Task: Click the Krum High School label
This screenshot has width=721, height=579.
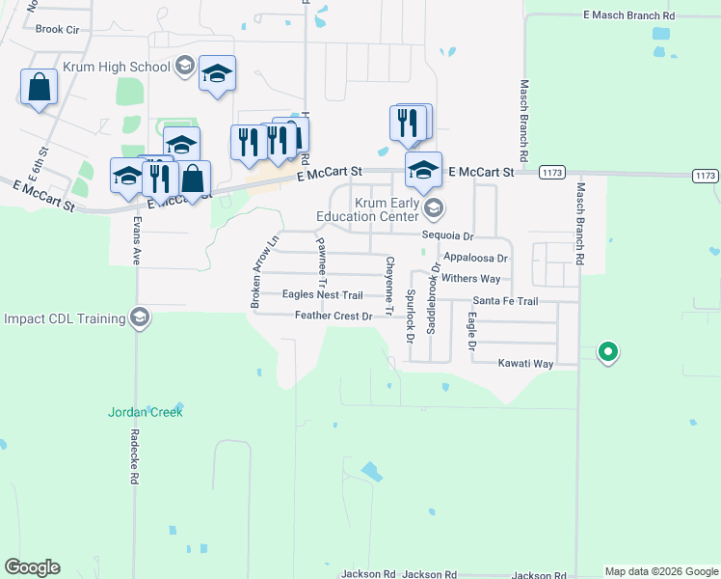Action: click(116, 68)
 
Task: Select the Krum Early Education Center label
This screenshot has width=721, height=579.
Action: click(370, 210)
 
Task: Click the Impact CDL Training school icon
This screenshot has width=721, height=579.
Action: click(140, 318)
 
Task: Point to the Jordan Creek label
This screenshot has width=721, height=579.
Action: click(145, 412)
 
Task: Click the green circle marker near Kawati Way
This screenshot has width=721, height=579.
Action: click(607, 352)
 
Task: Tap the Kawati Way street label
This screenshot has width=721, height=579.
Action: click(525, 364)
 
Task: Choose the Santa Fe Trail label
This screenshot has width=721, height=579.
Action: click(505, 301)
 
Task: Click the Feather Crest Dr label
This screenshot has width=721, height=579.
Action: click(334, 316)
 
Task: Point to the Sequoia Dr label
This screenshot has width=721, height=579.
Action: click(448, 235)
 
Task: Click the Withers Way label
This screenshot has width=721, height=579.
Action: click(471, 279)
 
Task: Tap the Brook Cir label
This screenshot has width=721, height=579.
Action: click(57, 29)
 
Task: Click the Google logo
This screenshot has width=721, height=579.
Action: click(32, 567)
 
